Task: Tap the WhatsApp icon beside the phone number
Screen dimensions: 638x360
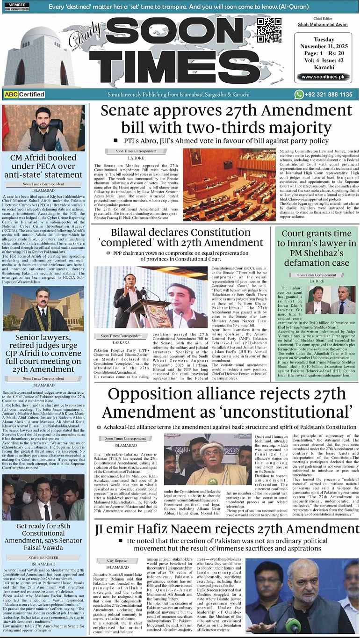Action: click(x=299, y=94)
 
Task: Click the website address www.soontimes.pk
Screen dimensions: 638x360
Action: click(x=323, y=77)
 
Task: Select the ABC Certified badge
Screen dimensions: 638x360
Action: click(x=24, y=94)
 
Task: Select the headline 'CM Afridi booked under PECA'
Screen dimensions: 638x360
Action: click(x=43, y=166)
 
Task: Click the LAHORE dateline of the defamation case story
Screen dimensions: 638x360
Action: click(x=317, y=281)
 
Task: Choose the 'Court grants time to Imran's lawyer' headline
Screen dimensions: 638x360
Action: click(x=316, y=248)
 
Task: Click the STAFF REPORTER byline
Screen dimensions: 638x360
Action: click(x=43, y=558)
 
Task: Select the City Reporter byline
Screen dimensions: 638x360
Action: click(x=117, y=560)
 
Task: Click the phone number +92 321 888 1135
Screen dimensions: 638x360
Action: click(x=329, y=94)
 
